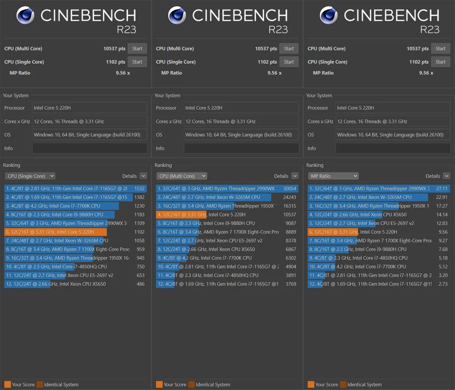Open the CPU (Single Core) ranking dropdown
click(30, 176)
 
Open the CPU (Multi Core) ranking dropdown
click(182, 176)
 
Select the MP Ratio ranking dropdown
click(333, 176)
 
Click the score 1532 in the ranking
click(139, 189)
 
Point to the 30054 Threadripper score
click(289, 189)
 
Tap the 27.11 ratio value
click(442, 189)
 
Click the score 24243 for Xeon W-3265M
click(289, 197)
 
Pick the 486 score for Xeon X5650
click(141, 284)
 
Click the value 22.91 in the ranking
click(442, 197)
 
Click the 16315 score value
click(289, 206)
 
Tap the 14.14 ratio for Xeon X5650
click(442, 215)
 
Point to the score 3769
click(290, 284)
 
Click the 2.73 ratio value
click(443, 284)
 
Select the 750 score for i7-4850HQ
click(141, 267)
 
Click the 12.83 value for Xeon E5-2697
click(442, 223)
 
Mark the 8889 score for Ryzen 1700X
click(290, 232)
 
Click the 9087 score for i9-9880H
click(290, 223)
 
